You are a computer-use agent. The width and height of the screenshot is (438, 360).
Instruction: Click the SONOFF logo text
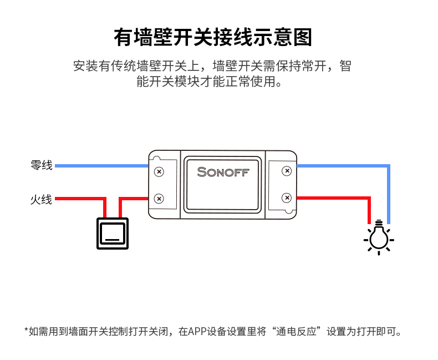click(x=223, y=173)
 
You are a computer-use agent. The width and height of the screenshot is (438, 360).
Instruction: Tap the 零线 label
click(x=41, y=165)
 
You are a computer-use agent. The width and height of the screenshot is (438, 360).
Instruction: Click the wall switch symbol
click(x=113, y=233)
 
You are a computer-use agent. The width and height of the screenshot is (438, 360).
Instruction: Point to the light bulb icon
click(x=379, y=238)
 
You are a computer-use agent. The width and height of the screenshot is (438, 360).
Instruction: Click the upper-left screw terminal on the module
click(x=159, y=171)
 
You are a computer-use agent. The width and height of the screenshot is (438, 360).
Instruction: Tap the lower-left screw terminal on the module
click(x=159, y=198)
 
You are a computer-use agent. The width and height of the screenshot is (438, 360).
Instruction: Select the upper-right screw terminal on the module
click(x=287, y=171)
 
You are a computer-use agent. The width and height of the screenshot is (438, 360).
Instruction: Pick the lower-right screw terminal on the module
click(x=287, y=197)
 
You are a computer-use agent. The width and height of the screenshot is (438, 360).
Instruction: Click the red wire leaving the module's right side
click(x=333, y=198)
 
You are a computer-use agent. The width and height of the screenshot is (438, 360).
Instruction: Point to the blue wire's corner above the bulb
click(x=389, y=166)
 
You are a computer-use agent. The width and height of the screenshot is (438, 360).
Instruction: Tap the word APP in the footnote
click(x=197, y=332)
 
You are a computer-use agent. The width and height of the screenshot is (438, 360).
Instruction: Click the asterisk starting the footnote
click(x=26, y=331)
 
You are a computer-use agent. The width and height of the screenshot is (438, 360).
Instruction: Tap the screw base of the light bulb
click(x=379, y=225)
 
